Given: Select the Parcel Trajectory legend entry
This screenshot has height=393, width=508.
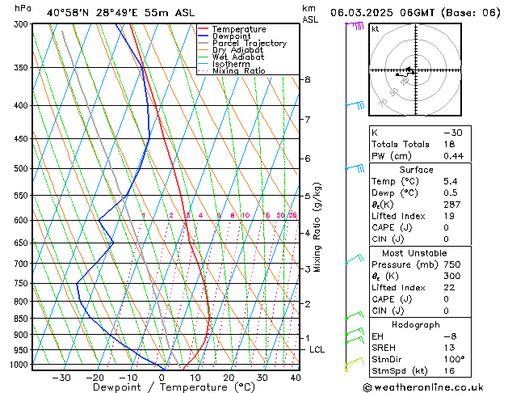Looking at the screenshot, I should (x=249, y=44).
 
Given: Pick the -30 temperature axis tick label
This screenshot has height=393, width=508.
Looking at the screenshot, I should (x=61, y=377).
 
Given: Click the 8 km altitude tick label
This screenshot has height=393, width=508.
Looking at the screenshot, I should (x=308, y=79).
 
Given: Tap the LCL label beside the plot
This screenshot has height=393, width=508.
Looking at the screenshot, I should (x=317, y=349).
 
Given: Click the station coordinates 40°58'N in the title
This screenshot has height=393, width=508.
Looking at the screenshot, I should (x=67, y=13).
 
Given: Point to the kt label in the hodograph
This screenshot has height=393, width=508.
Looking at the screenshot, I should (x=375, y=28).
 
